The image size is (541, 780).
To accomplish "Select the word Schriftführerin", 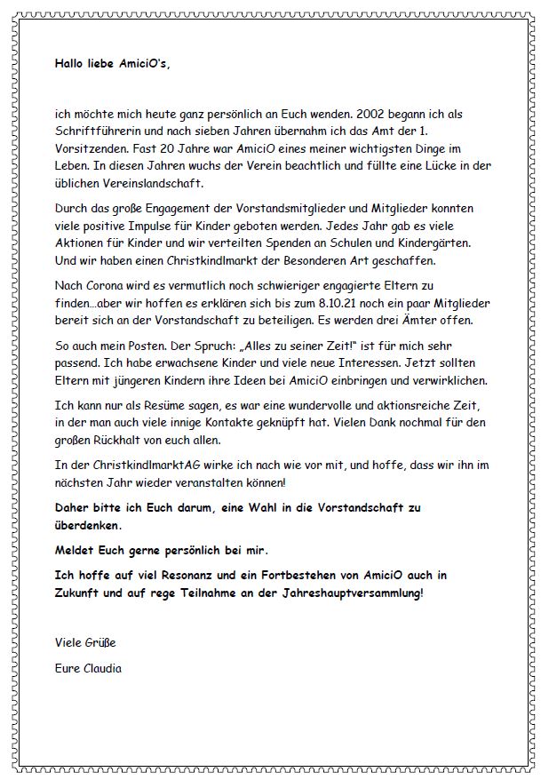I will click(x=95, y=132).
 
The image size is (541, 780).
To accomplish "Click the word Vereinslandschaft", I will click(x=148, y=183).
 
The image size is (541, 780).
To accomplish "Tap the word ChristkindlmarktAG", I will click(x=147, y=466).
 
